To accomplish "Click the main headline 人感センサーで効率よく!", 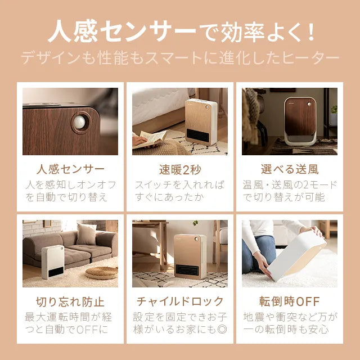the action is pos(181,31).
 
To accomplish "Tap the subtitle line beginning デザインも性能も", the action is pos(180,58).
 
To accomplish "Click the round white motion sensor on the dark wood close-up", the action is pos(79,123).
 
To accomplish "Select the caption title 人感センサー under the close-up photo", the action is pos(70,169).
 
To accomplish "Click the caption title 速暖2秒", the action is pos(180,169).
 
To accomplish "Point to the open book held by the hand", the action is pos(152,138).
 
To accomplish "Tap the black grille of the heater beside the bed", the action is pos(197,136).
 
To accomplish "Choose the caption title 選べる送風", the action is pos(290,169).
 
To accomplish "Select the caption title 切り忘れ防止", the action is pos(70,301).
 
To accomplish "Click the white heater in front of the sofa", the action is pos(53,262).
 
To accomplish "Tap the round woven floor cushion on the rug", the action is pos(101,273).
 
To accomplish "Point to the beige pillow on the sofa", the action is pos(87,234).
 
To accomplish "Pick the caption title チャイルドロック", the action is pos(180,301).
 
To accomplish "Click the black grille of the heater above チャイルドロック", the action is pos(187,270).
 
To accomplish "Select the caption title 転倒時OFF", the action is pos(290,301).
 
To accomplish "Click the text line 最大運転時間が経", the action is pos(69,317).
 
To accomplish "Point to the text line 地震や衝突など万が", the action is pos(290,317).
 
